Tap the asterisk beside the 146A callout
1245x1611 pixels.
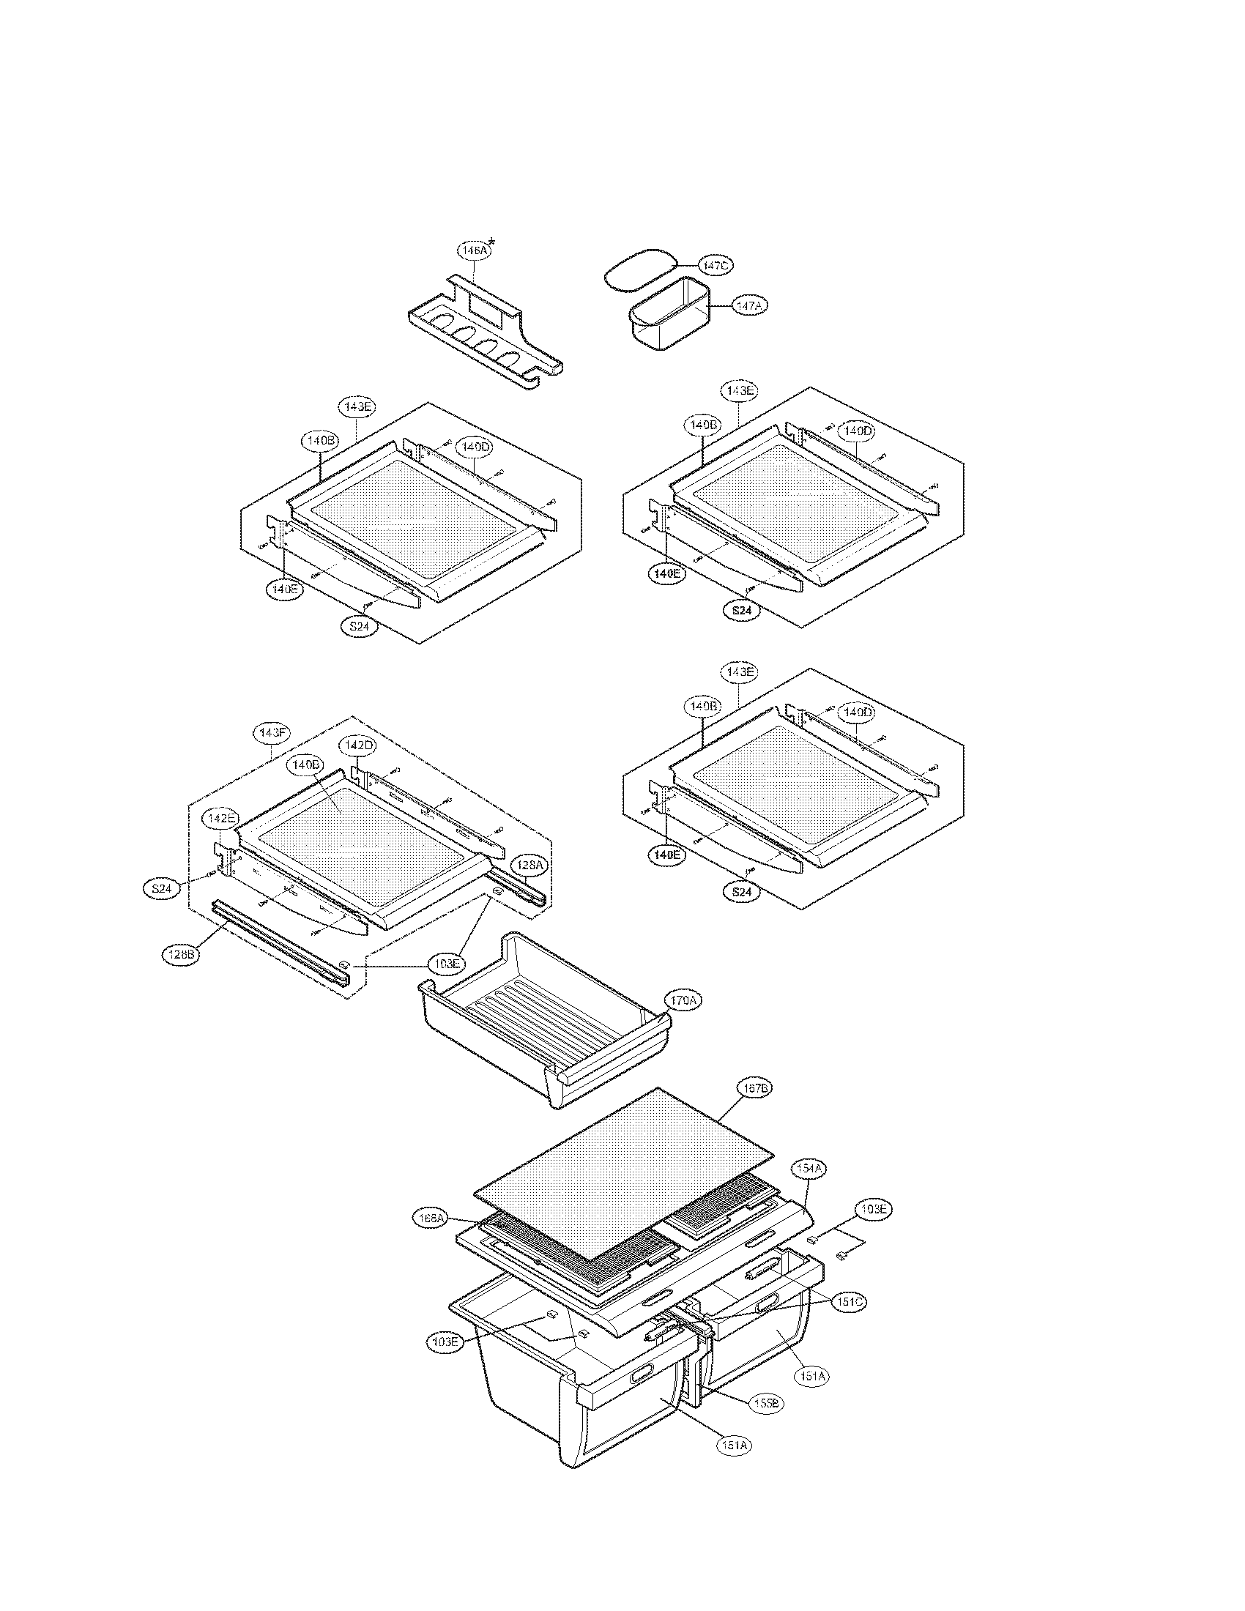(x=492, y=242)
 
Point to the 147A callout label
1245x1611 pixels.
(x=750, y=305)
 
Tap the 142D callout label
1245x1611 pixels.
(x=357, y=745)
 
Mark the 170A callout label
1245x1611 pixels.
(x=683, y=1001)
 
